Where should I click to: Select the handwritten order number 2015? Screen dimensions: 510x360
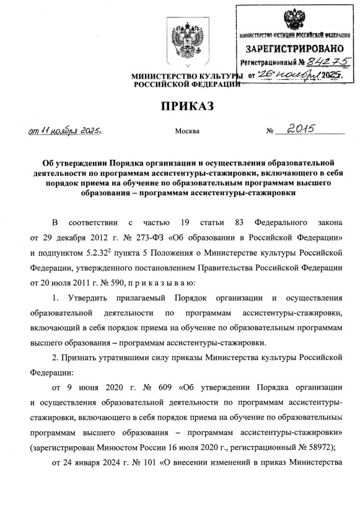(299, 130)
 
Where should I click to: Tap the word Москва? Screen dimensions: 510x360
(188, 131)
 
